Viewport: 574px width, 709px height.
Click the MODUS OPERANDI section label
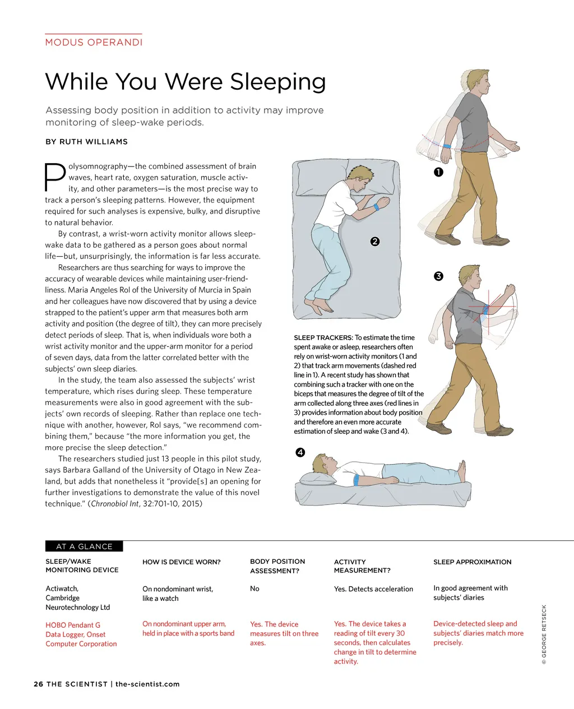[94, 42]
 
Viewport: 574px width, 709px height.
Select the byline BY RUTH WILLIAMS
[86, 142]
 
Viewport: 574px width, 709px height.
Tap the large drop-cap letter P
[54, 177]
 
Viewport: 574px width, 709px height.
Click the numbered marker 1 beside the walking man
[438, 172]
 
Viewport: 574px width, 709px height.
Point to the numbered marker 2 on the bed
[375, 242]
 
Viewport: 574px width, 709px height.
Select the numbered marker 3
[438, 276]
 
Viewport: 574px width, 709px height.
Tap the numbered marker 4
[300, 452]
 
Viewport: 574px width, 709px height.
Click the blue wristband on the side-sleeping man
[375, 207]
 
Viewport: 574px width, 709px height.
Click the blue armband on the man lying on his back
[357, 480]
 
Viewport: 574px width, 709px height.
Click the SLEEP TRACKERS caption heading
[323, 337]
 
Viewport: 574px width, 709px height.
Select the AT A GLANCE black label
[84, 546]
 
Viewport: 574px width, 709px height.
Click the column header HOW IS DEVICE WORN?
[182, 562]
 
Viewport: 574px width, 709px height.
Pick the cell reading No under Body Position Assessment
[254, 588]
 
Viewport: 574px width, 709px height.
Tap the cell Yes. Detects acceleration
[373, 589]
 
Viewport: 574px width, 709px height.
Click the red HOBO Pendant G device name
[73, 625]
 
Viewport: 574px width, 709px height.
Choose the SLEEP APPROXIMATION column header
[472, 562]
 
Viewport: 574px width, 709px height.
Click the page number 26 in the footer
[38, 684]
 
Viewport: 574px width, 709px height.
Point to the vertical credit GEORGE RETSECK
[544, 634]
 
